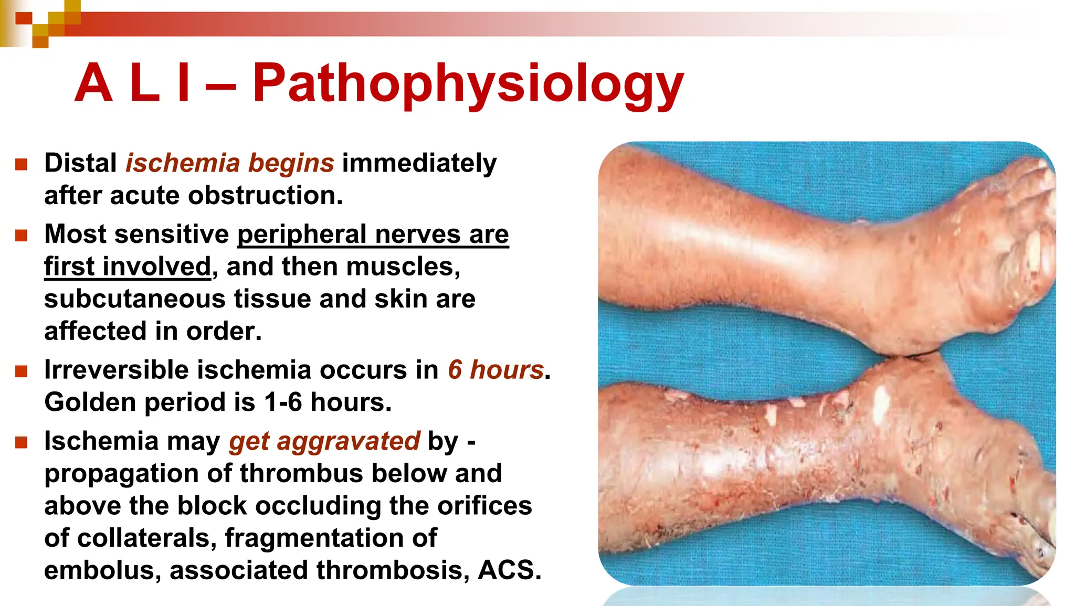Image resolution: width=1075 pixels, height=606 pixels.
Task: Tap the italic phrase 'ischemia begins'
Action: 229,163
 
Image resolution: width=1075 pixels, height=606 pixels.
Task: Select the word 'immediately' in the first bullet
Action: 419,163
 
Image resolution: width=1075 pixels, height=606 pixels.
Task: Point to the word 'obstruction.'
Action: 265,196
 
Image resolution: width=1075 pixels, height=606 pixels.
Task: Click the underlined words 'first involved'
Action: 127,267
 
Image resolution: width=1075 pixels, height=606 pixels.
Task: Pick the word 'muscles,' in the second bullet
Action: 403,267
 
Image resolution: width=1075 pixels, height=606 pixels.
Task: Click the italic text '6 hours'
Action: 495,370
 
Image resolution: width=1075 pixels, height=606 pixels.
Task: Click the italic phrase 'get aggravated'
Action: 324,441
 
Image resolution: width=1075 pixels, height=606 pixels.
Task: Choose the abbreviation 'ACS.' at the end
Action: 509,570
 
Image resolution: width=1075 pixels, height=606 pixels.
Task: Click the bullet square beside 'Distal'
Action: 21,165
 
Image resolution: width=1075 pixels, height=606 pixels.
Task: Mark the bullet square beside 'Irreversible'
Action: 21,371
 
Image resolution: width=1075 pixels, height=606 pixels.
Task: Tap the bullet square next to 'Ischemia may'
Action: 21,443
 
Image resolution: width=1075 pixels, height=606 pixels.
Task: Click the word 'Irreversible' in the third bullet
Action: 116,370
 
